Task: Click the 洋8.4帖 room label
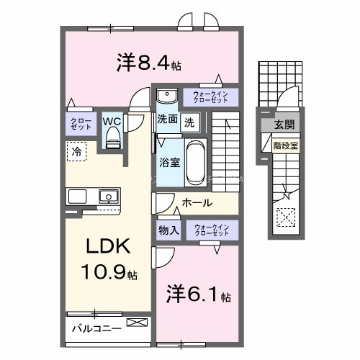pos(148,63)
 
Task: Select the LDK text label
pos(108,247)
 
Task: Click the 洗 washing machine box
pos(188,121)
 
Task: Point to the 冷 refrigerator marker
pos(76,151)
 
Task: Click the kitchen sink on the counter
pos(109,196)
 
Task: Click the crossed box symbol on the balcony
pos(135,323)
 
